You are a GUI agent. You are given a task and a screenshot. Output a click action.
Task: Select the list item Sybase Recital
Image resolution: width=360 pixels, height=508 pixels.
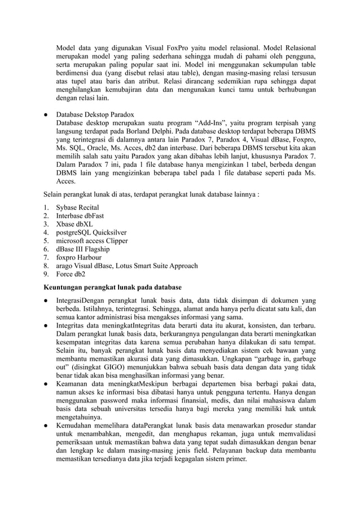(x=77, y=207)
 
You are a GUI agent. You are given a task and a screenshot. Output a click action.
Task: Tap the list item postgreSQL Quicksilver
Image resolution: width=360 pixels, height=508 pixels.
(x=91, y=232)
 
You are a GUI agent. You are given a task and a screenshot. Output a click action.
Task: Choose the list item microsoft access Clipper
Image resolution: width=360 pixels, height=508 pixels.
(x=91, y=240)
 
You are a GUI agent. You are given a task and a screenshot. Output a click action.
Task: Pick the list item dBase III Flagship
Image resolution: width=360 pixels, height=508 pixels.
(x=82, y=249)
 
